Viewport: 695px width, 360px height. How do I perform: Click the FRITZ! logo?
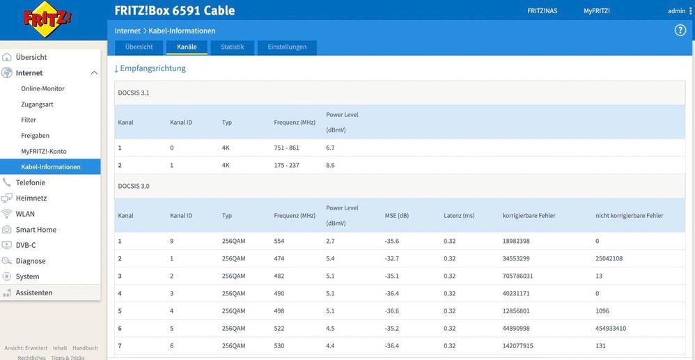47,19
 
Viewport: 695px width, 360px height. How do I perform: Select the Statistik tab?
233,47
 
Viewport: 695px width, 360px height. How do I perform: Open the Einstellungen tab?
287,47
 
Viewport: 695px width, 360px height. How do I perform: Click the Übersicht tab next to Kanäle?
139,47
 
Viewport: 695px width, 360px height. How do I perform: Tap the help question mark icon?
680,31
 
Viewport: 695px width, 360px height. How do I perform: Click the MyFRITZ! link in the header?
597,11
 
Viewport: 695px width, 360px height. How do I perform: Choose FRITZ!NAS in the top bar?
542,11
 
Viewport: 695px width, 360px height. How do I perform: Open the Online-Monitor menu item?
43,88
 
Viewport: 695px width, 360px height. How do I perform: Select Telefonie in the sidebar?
31,182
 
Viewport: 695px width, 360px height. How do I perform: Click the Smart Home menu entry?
36,230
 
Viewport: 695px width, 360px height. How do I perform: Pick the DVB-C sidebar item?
26,245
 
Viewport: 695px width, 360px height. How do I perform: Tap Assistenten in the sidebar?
34,292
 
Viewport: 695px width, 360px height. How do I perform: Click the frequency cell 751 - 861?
287,148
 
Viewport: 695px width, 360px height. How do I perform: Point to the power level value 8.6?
330,165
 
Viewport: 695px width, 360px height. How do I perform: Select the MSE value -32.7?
392,258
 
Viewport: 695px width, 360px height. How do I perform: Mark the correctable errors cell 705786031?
517,276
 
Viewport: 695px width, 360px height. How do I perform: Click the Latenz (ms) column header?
459,216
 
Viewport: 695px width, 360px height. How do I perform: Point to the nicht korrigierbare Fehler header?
630,216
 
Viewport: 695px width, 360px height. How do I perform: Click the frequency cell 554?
279,241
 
